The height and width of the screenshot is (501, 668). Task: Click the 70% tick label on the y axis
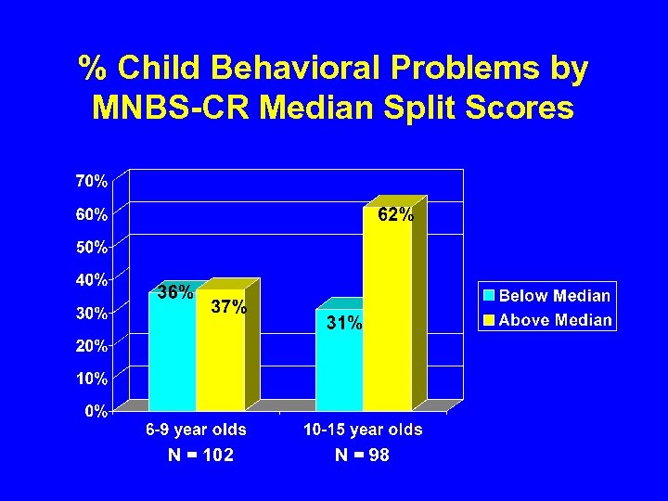pos(91,181)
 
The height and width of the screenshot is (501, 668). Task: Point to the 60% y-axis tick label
pos(91,214)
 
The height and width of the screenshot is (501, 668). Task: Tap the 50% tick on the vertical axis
pos(91,248)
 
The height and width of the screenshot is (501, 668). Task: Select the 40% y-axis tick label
pos(91,279)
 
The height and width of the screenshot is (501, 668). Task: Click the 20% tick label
pos(91,346)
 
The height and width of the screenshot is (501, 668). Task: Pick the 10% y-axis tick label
pos(91,379)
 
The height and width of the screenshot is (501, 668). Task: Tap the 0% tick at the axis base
pos(96,411)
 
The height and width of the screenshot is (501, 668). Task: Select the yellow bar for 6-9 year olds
pos(220,362)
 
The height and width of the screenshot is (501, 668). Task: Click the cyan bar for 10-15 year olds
pos(339,371)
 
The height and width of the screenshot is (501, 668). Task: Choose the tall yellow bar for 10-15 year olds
pos(387,315)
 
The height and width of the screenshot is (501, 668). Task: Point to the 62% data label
pos(395,215)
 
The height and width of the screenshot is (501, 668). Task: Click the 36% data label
pos(174,293)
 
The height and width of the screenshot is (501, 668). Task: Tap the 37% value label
pos(228,308)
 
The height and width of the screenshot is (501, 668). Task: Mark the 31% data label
pos(343,324)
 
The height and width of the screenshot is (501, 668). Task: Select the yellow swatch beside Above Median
pos(489,320)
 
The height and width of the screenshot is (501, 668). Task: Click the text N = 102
pos(200,456)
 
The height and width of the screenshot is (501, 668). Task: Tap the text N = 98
pos(362,456)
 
